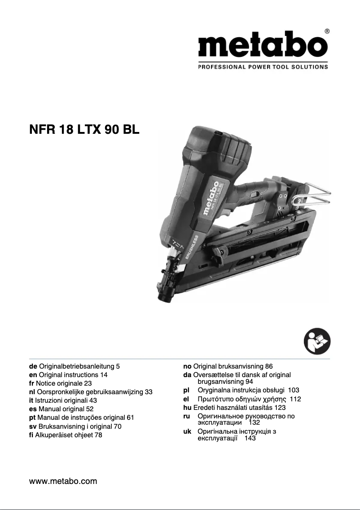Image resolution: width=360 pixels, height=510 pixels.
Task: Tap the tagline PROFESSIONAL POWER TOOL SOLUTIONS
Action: (263, 67)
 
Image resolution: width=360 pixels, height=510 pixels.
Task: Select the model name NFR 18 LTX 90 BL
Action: (84, 130)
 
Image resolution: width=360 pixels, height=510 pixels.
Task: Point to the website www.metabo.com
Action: (63, 481)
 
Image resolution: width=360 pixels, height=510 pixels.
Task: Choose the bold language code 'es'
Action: (33, 409)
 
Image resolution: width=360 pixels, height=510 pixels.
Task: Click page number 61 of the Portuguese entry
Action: (131, 417)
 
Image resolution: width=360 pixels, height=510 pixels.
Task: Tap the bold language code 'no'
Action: (188, 366)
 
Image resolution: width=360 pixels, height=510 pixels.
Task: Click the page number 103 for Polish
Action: (294, 390)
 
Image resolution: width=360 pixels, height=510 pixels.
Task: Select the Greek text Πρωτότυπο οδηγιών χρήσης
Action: (242, 399)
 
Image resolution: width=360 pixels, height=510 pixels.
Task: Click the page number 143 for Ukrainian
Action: (250, 438)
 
